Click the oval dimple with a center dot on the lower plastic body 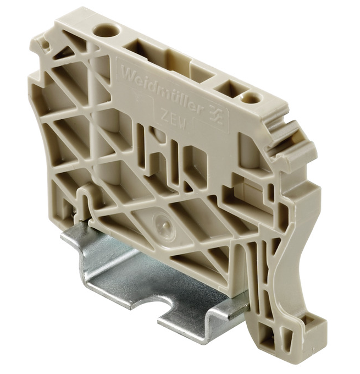coord(160,221)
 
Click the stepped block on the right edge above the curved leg coord(306,182)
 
